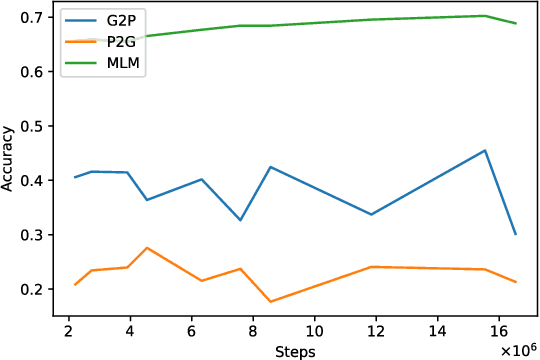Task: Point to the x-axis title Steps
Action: [x=296, y=351]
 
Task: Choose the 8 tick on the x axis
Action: [x=253, y=330]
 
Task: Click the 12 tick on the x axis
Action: [x=376, y=330]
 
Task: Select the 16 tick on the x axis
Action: [x=499, y=330]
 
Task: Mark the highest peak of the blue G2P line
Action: [x=485, y=151]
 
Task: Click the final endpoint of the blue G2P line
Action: [x=516, y=235]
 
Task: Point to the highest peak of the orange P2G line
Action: [x=147, y=248]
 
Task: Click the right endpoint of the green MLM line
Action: [x=516, y=23]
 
